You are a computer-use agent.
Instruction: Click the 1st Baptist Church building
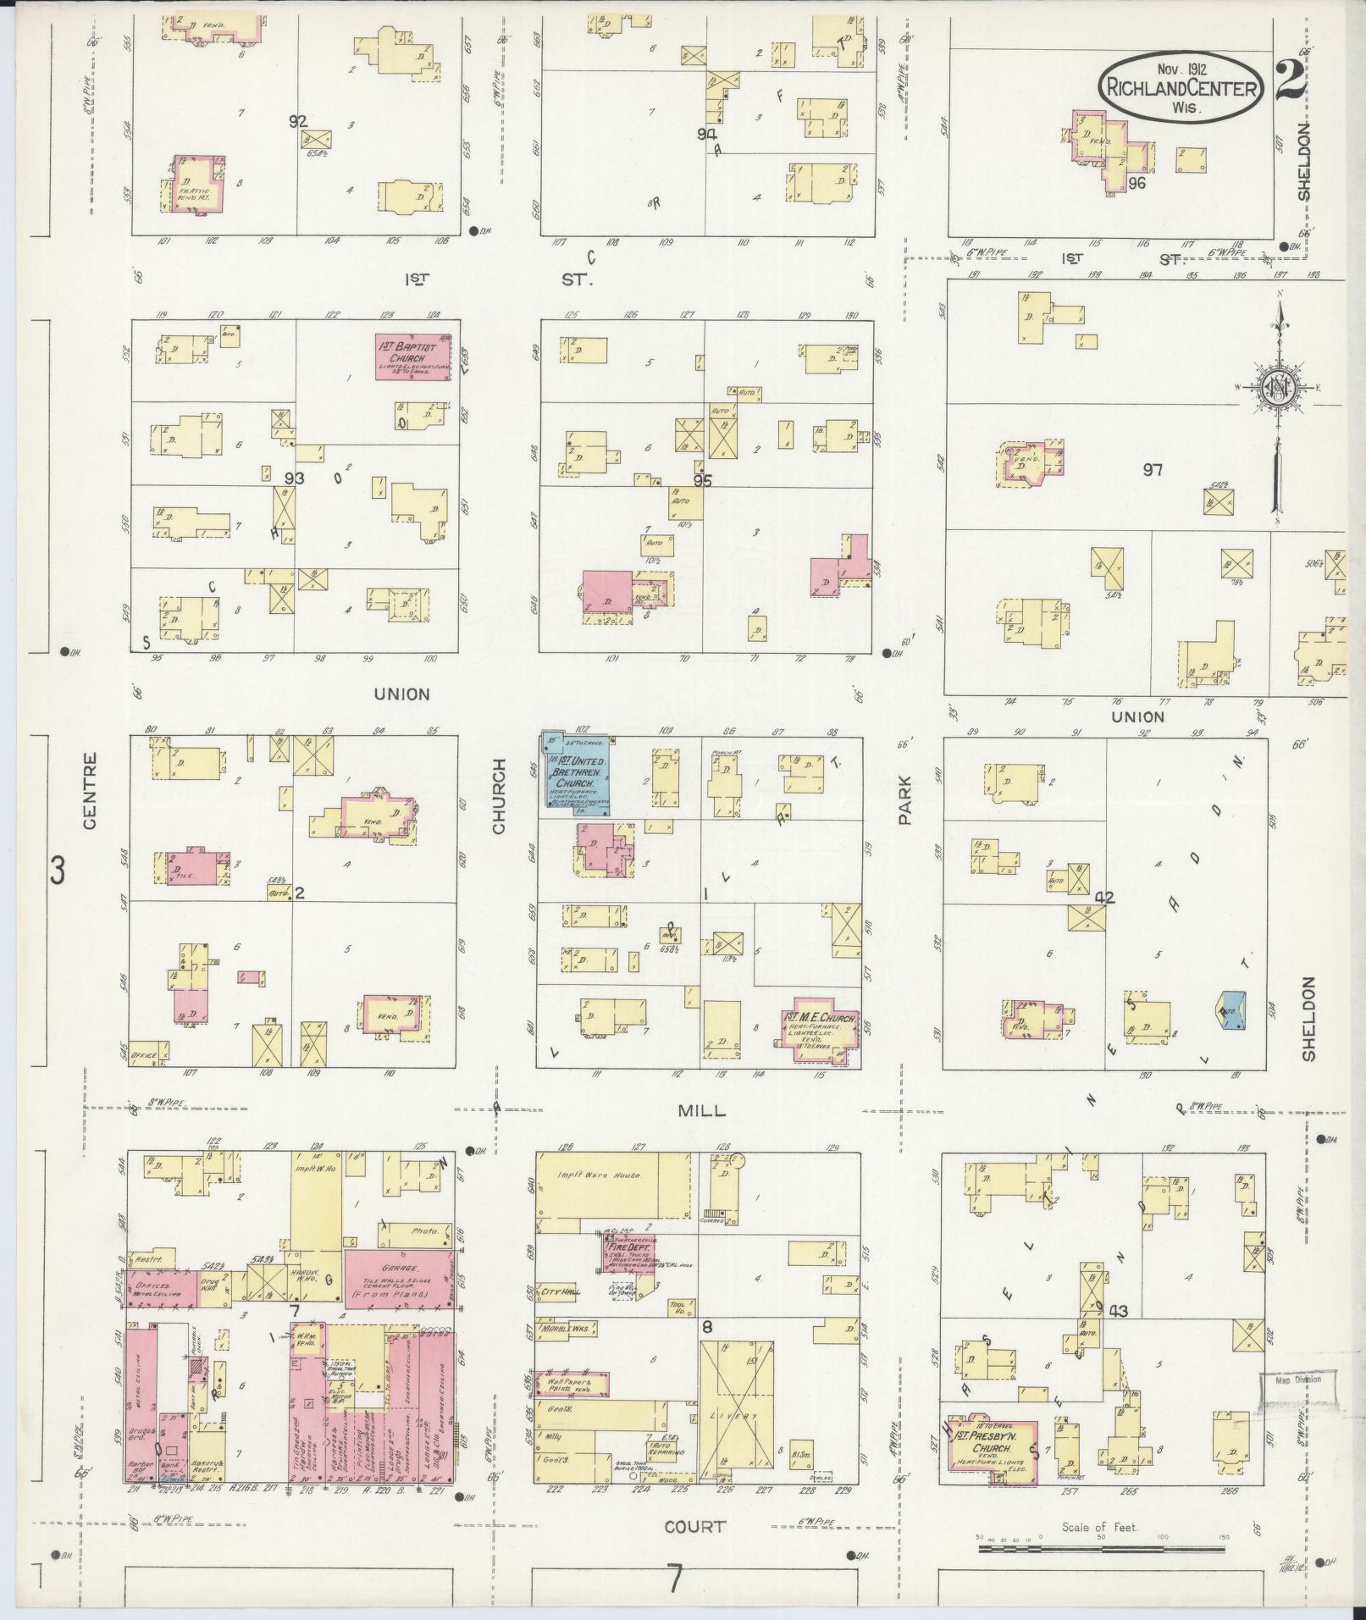412,357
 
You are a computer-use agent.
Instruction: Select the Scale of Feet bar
1101,1548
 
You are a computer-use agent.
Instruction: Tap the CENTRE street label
91,791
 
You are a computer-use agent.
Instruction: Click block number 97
1153,470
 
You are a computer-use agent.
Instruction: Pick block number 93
294,478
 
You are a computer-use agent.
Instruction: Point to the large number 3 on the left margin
57,871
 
